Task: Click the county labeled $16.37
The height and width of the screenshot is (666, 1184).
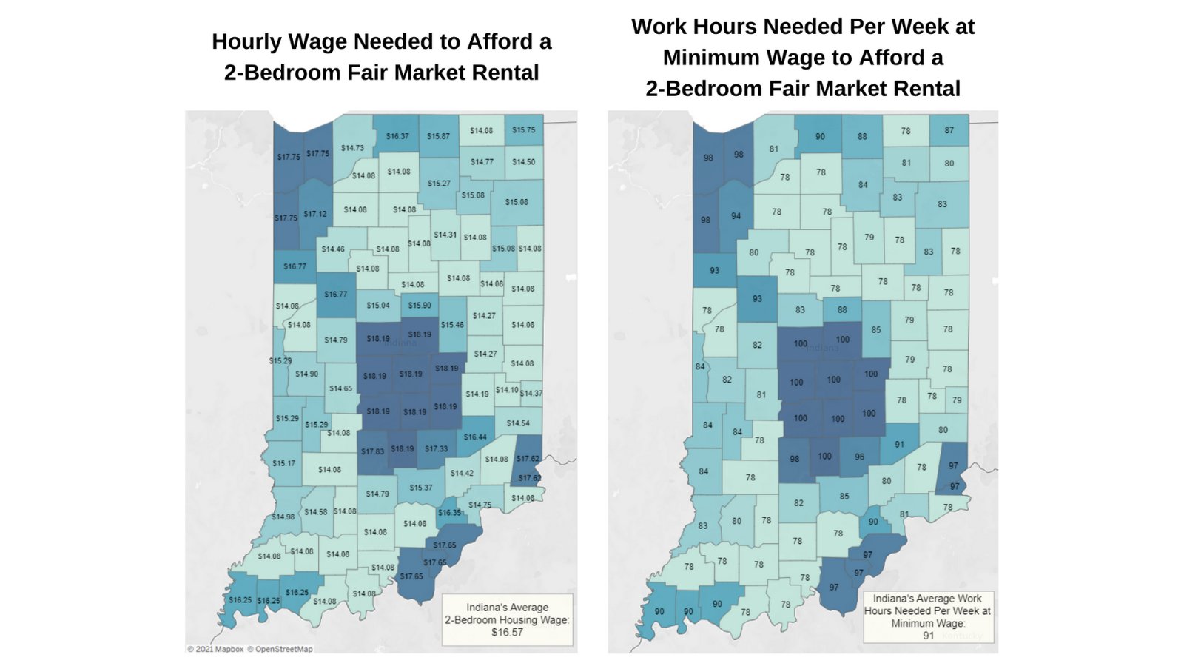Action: pos(397,136)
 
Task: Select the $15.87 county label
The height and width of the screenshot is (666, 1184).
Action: pos(438,136)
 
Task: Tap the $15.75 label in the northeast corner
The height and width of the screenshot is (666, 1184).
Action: pos(523,130)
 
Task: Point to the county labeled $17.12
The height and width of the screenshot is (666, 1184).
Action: pos(315,214)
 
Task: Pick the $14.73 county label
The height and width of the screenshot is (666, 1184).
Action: pos(352,148)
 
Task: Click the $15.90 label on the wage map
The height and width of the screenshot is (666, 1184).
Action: pos(420,305)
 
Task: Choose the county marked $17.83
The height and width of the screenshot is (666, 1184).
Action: pos(372,451)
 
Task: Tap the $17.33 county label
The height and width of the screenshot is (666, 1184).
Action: pos(437,448)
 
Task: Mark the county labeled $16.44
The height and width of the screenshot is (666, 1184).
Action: pos(475,437)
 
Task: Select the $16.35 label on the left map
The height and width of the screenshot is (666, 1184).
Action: pos(449,512)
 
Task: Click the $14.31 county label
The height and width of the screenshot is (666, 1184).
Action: pos(445,235)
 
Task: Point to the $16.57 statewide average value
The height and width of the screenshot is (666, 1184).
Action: pos(507,632)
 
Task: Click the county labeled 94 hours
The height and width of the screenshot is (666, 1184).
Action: pos(736,216)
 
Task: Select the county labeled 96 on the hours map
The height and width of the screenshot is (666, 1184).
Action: pos(859,457)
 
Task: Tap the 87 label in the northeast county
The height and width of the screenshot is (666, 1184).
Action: pos(949,130)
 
